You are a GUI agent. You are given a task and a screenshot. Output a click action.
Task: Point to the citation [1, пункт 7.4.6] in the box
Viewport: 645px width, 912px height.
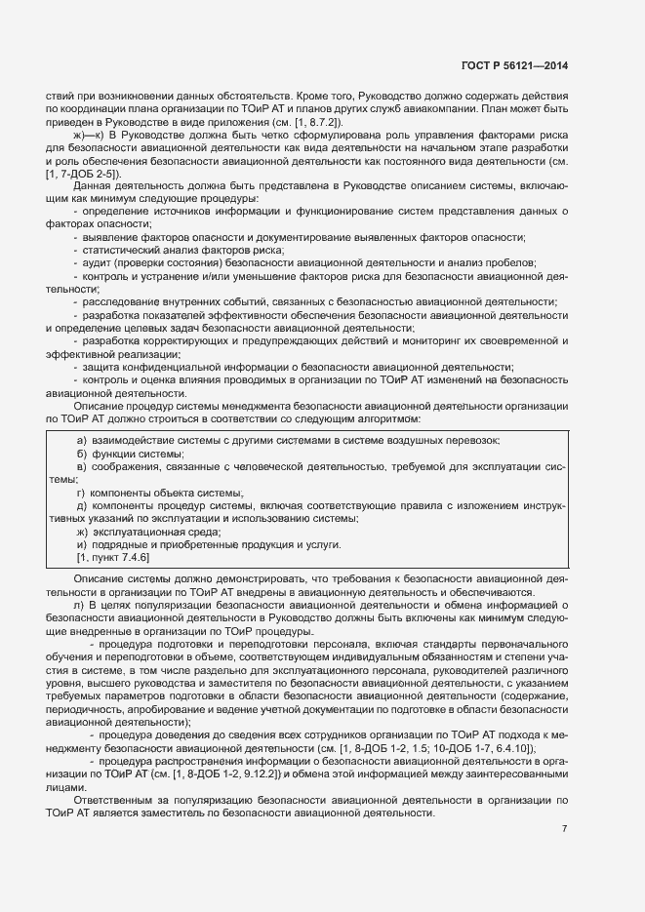click(x=112, y=557)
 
